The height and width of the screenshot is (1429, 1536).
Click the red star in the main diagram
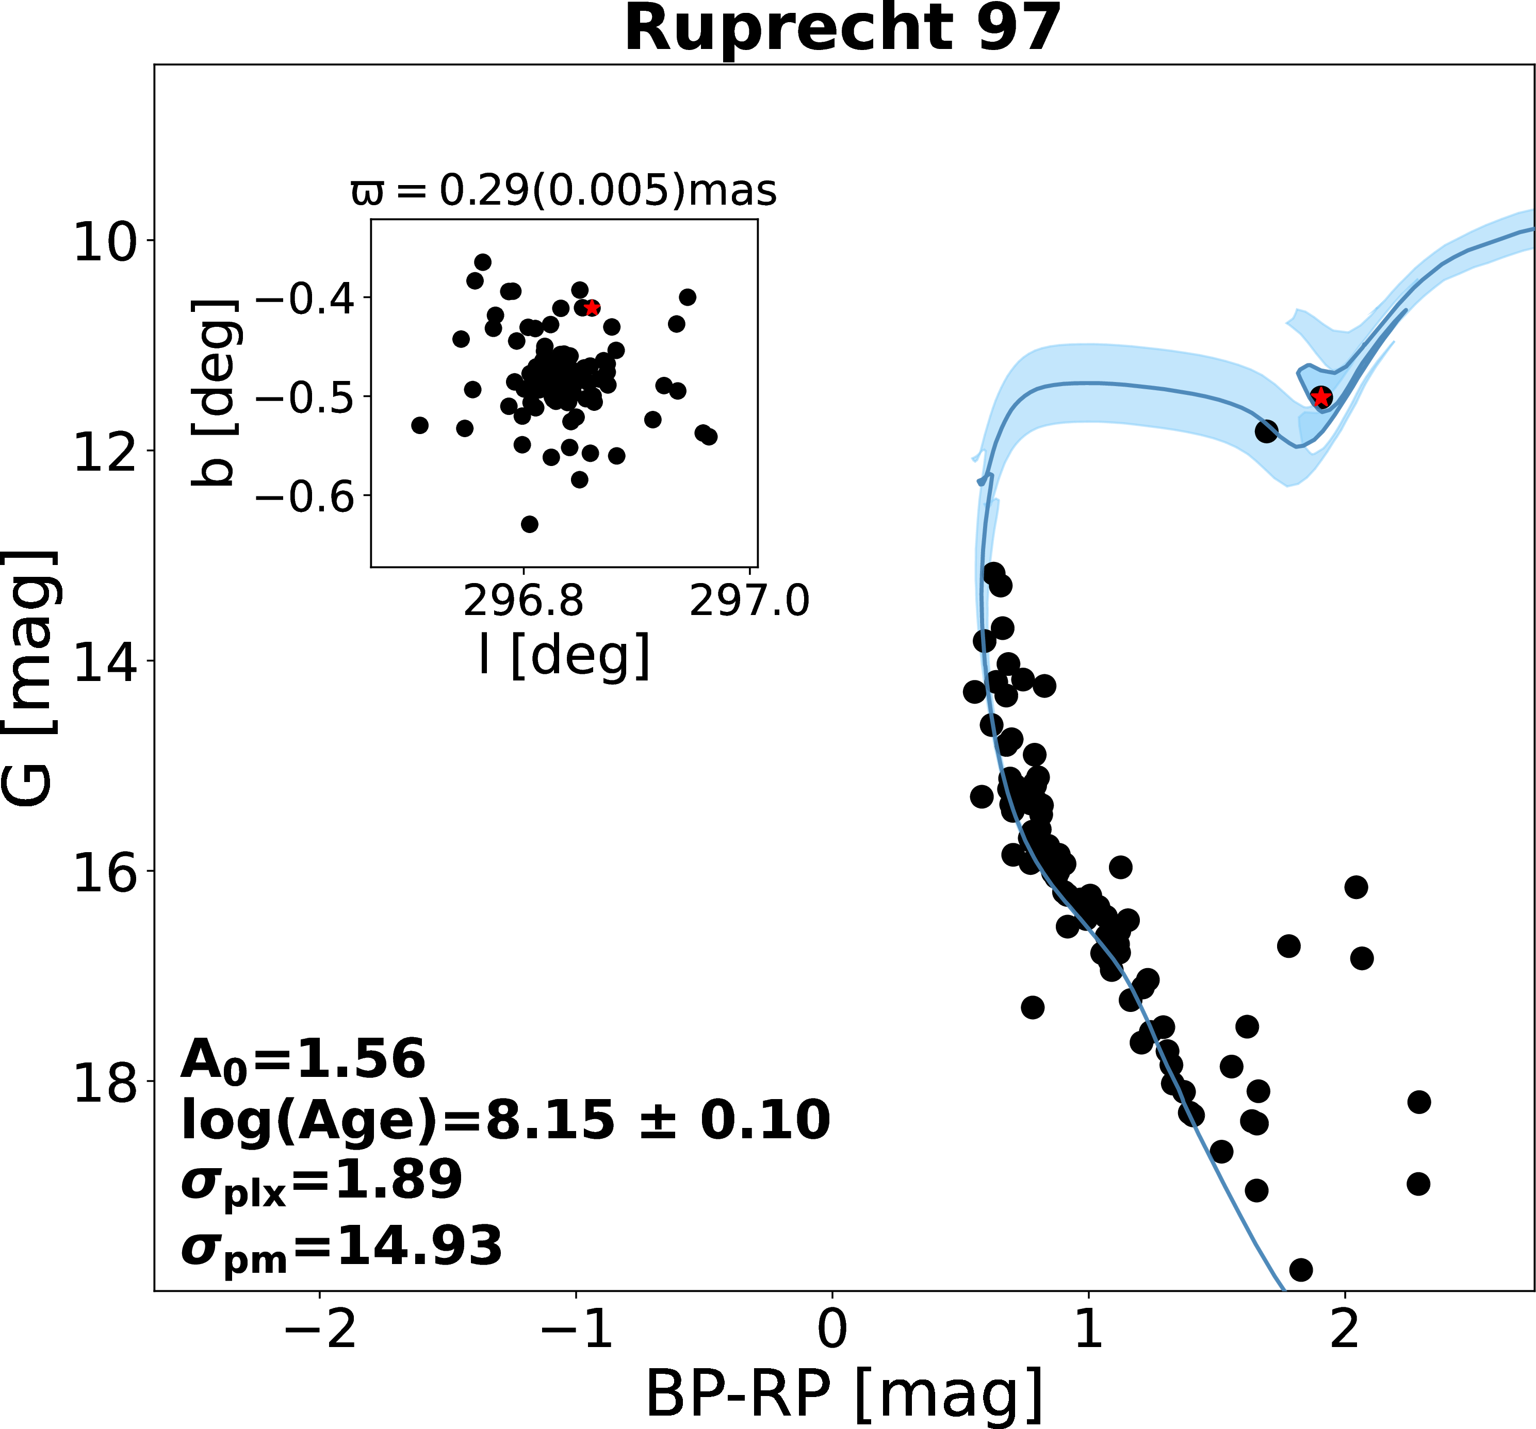point(1321,397)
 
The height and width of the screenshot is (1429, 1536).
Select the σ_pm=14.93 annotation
point(341,1246)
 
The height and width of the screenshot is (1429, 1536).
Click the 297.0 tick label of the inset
point(749,600)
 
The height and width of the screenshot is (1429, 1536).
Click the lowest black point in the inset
point(529,524)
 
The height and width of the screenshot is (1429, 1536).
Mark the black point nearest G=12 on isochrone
point(1266,431)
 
